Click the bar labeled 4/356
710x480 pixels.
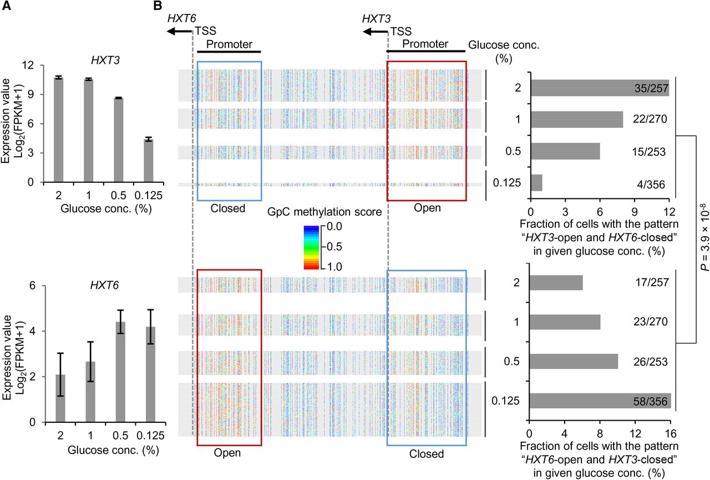pos(536,183)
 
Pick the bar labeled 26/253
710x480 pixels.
pos(574,361)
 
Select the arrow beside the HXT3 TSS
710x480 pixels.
pos(373,32)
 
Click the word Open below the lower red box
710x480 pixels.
pos(227,453)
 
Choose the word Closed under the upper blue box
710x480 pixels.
pos(228,208)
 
